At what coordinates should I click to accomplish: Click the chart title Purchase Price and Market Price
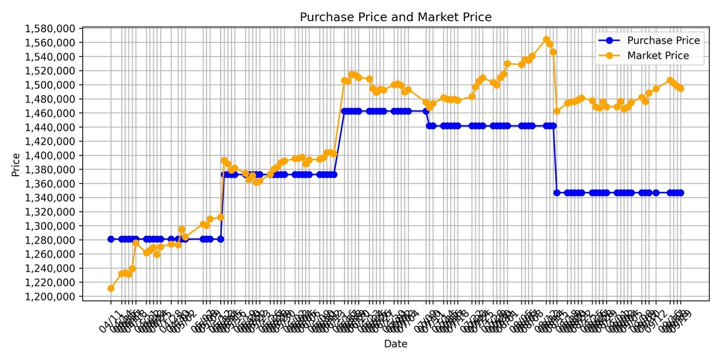pos(395,17)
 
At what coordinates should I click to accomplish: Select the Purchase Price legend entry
pos(663,41)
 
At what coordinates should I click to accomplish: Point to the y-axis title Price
pos(16,163)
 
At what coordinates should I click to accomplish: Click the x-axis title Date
pos(395,344)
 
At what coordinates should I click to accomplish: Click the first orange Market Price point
pos(111,289)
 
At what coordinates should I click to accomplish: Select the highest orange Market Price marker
pos(546,40)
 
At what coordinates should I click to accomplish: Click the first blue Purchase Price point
pos(111,239)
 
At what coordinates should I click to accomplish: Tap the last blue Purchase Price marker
pos(680,193)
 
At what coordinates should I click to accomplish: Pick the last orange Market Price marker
pos(680,88)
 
